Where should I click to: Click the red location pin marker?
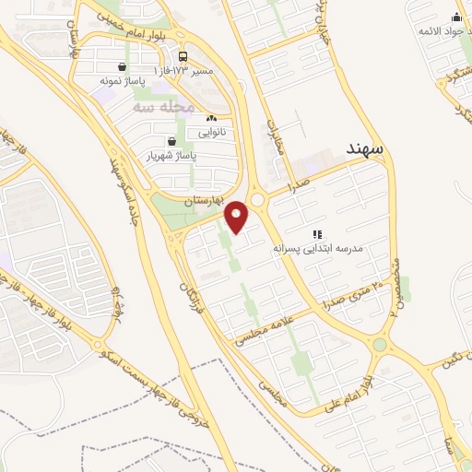click(237, 216)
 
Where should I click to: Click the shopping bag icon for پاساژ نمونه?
click(123, 66)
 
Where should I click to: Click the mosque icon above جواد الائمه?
click(456, 17)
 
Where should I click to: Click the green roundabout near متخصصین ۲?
click(379, 346)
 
